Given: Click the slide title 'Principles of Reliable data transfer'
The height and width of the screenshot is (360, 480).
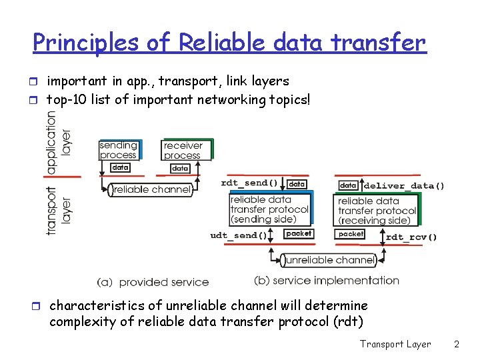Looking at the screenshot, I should [229, 43].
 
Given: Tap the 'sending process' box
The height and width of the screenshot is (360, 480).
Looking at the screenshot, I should [119, 150].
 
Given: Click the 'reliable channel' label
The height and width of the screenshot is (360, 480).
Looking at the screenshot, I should [152, 190].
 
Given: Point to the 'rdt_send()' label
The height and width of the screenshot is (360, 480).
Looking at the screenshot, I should [249, 183].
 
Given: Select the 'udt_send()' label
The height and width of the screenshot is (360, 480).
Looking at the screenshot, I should [238, 235].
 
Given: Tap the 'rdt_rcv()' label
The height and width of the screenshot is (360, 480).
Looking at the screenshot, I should [411, 237].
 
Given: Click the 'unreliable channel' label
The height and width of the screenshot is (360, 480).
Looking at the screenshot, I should [327, 260].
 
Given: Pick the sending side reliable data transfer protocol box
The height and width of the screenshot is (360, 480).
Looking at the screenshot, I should [269, 209].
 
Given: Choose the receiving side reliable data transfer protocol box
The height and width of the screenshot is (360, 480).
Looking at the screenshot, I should [377, 210].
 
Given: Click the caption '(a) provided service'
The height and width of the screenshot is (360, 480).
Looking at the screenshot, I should [153, 283].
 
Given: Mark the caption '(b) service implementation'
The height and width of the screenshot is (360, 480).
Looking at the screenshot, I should [327, 281].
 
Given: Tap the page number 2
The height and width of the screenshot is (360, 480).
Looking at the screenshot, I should [457, 344].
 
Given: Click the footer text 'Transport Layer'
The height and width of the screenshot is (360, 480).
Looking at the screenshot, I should [395, 344].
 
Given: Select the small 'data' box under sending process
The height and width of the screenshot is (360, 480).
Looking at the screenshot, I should [120, 167].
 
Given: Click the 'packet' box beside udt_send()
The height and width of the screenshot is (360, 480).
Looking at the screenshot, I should [298, 233].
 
